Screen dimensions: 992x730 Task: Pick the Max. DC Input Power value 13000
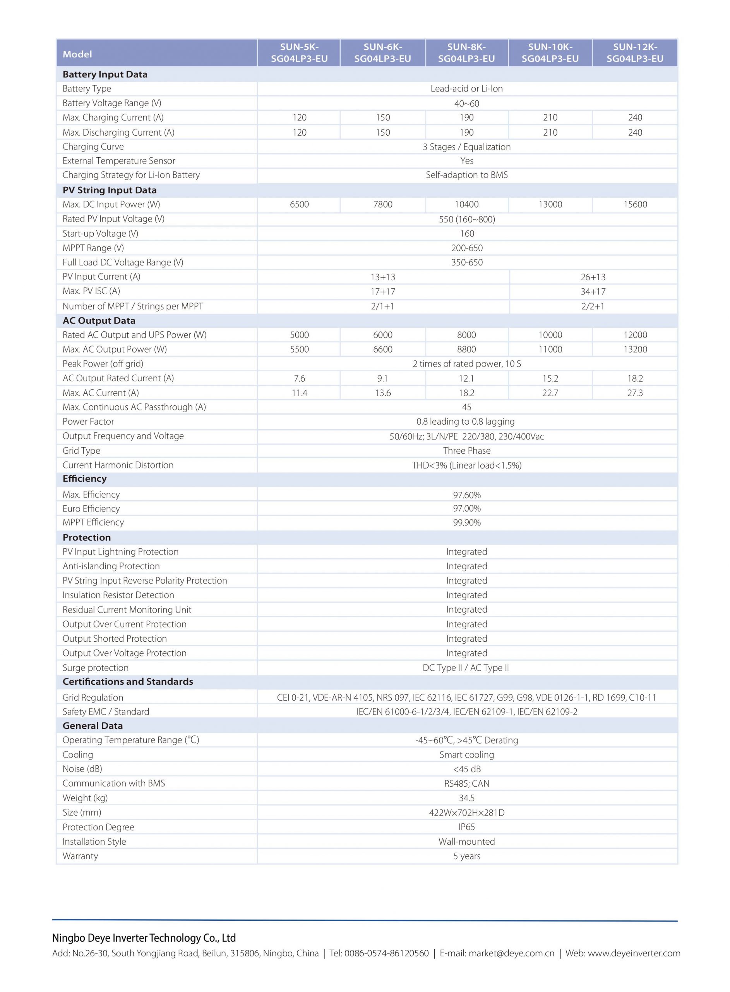pyautogui.click(x=550, y=204)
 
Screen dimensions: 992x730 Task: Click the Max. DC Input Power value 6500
pyautogui.click(x=299, y=204)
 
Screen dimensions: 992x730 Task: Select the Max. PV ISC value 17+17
pyautogui.click(x=383, y=291)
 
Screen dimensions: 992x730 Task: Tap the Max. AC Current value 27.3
pyautogui.click(x=635, y=393)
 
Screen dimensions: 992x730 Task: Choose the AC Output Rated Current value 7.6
pyautogui.click(x=299, y=379)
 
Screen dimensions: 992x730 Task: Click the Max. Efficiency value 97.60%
pyautogui.click(x=467, y=495)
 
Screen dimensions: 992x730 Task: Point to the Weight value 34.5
pyautogui.click(x=467, y=798)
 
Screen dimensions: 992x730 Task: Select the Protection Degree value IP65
pyautogui.click(x=467, y=827)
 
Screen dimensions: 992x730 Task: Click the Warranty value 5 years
pyautogui.click(x=467, y=856)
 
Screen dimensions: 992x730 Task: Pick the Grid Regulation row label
pyautogui.click(x=93, y=697)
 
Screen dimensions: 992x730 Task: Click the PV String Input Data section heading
pyautogui.click(x=110, y=190)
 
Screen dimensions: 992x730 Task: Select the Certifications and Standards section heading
pyautogui.click(x=128, y=682)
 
